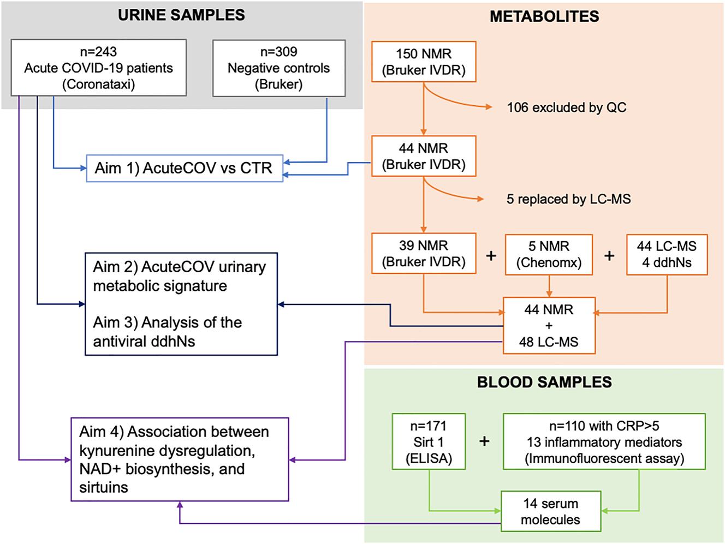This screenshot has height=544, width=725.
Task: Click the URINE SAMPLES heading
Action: (x=181, y=15)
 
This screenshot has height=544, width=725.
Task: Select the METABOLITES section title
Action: (x=544, y=16)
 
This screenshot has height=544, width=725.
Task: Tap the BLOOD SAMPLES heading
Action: (x=544, y=382)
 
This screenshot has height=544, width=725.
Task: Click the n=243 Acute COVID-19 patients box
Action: (x=99, y=68)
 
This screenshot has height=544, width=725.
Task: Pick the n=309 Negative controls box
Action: (x=278, y=68)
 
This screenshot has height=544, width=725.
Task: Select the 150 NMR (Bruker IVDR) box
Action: (x=424, y=62)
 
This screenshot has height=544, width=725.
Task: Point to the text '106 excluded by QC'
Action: (x=566, y=107)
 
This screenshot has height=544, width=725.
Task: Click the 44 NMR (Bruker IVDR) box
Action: (x=424, y=156)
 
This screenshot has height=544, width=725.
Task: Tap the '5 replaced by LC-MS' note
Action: (x=568, y=199)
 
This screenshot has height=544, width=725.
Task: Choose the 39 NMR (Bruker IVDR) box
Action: (x=424, y=253)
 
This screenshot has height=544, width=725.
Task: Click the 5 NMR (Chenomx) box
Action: (x=549, y=254)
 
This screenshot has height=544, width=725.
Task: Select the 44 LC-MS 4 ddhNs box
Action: (x=667, y=254)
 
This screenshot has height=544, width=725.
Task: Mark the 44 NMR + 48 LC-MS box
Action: (x=549, y=325)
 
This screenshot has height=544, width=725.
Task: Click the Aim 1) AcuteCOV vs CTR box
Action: (x=185, y=168)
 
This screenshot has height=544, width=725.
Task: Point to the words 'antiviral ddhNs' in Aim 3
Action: (x=144, y=342)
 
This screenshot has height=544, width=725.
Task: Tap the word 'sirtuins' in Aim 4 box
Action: (x=104, y=487)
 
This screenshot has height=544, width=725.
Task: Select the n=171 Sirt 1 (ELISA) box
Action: (x=429, y=441)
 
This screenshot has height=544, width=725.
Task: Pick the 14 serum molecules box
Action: (x=550, y=511)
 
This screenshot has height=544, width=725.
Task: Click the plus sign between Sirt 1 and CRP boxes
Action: (x=484, y=441)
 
